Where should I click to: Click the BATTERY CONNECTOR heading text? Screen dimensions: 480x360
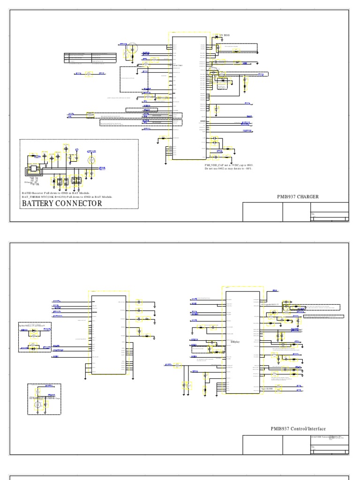(61, 203)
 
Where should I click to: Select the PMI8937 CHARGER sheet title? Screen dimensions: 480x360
(298, 197)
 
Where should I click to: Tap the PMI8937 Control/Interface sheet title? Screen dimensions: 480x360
(298, 429)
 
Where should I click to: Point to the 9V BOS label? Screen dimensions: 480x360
(224, 36)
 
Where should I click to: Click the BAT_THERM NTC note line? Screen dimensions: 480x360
(68, 197)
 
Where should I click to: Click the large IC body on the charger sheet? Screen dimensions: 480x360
(189, 94)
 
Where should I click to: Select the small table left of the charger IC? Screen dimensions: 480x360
(90, 58)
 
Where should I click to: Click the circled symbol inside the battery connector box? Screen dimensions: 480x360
(92, 161)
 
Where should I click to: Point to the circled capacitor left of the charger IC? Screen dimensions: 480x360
(133, 47)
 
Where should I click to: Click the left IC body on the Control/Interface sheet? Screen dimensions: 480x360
(109, 335)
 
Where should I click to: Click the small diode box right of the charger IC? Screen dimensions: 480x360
(222, 81)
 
